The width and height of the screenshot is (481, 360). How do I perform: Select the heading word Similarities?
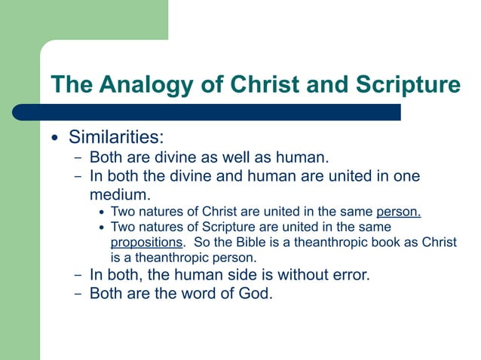tap(116, 138)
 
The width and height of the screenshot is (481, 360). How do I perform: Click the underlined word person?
tap(398, 212)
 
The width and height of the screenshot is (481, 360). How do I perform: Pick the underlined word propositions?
tap(146, 243)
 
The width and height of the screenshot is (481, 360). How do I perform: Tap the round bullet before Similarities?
tap(54, 139)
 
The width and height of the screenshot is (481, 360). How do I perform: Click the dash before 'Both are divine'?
tap(78, 158)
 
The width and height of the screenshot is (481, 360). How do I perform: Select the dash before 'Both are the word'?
tap(78, 294)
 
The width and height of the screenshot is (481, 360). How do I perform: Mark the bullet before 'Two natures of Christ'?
tap(103, 212)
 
